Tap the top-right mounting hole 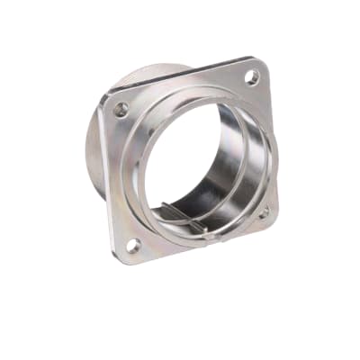[x=252, y=77]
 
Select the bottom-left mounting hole [x=133, y=244]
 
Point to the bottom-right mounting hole [x=264, y=212]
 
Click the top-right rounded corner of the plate [x=262, y=63]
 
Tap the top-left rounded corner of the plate [x=107, y=99]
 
